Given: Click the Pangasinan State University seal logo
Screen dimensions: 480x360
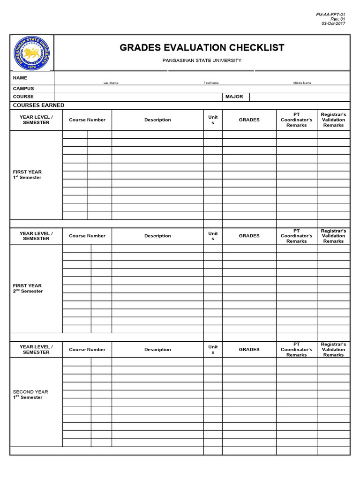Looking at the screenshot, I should point(32,53).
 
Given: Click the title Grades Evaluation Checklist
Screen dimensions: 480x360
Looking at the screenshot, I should point(202,48).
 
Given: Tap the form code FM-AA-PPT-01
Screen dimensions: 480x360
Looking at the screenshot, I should point(330,15).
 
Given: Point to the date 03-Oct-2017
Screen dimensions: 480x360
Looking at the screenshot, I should point(333,24).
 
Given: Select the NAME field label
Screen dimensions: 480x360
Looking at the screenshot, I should point(20,78).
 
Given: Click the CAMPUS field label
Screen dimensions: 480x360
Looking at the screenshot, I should point(23,89).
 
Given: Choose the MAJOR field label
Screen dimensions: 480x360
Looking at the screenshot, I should point(234,97).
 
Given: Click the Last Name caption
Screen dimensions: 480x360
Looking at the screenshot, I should point(111,83).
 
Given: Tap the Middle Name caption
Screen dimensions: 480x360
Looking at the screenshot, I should point(302,83).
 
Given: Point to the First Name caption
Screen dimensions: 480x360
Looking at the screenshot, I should point(211,83).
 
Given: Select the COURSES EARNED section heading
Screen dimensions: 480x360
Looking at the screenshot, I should point(38,105).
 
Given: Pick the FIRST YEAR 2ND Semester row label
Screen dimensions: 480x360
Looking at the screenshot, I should point(28,288).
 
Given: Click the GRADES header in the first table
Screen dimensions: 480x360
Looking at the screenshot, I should point(249,120).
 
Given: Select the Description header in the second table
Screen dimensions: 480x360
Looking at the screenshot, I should point(157,236).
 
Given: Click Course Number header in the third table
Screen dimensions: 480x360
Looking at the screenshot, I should point(87,350).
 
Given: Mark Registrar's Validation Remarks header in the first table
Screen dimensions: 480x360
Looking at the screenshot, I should point(333,120).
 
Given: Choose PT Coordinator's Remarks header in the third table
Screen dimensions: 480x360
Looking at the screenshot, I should point(296,350).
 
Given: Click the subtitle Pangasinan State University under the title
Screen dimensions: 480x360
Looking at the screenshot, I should point(202,60).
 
